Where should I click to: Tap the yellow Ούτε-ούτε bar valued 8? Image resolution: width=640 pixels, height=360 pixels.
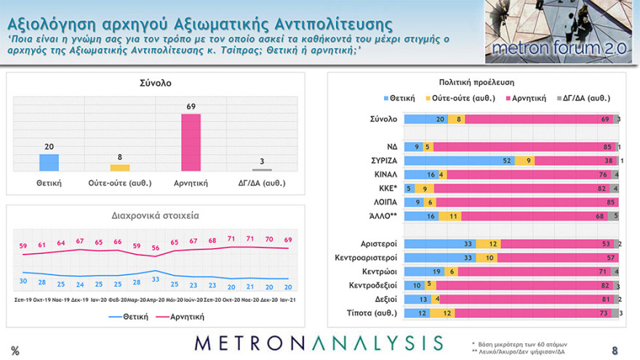tap(120, 167)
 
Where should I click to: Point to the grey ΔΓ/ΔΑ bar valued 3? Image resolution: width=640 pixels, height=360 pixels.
tap(262, 169)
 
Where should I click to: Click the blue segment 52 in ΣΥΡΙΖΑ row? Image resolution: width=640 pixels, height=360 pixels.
tap(458, 160)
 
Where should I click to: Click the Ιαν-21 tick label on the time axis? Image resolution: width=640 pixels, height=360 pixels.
tap(289, 299)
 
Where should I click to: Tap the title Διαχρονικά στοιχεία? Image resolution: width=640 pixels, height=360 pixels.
tap(156, 215)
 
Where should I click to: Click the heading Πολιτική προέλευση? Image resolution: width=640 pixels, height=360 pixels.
tap(477, 83)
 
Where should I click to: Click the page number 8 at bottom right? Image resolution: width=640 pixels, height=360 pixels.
tap(615, 350)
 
